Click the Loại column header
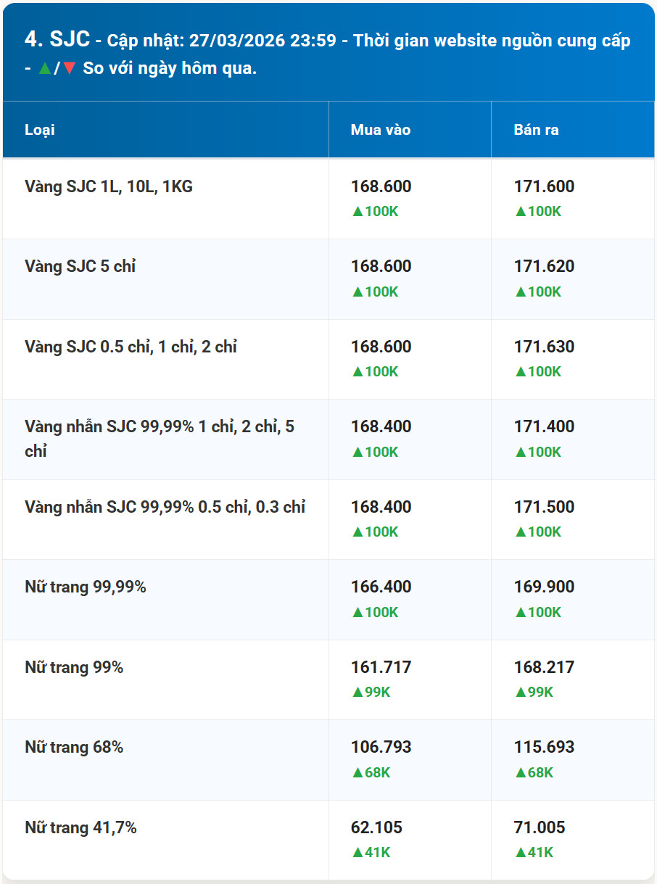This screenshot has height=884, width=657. point(39,130)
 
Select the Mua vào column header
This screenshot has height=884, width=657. point(380,130)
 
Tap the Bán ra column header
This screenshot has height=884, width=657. point(536,130)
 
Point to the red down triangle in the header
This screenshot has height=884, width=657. point(70,68)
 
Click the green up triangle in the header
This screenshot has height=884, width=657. point(45,68)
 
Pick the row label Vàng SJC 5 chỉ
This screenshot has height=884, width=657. point(80,266)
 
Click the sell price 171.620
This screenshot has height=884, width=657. point(544,266)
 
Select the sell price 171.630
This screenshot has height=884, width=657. point(544,347)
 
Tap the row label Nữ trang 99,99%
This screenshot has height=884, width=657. point(86,587)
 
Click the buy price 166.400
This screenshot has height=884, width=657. point(381,587)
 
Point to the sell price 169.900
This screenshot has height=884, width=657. point(544,587)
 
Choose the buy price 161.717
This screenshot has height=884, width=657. point(381,667)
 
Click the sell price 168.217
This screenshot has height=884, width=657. point(544,667)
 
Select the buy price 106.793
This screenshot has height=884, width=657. point(381,747)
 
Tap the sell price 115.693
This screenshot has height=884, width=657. point(544,747)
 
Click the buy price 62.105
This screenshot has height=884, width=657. point(376,827)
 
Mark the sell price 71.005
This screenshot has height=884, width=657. point(540,827)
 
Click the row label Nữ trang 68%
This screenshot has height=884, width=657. point(74,747)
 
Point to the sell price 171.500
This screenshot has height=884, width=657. point(544,507)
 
